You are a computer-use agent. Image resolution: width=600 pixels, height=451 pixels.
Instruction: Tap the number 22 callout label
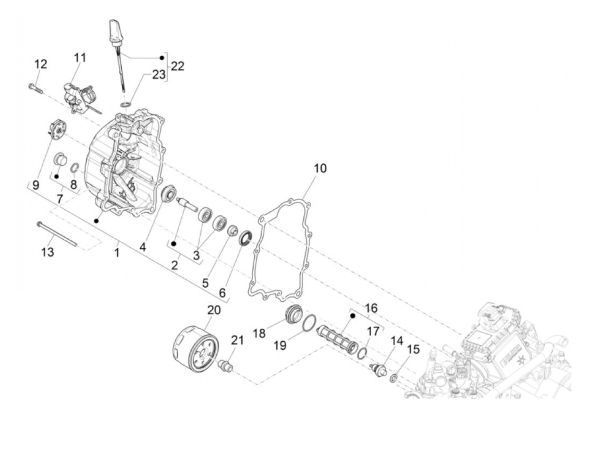(x=177, y=66)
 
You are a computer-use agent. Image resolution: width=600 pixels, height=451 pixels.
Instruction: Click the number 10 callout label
(x=320, y=168)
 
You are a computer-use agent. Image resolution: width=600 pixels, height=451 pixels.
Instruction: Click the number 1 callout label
(x=117, y=253)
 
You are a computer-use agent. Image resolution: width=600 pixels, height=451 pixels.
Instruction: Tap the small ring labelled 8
(x=74, y=167)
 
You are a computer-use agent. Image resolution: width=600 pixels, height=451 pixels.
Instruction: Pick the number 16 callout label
(x=371, y=308)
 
